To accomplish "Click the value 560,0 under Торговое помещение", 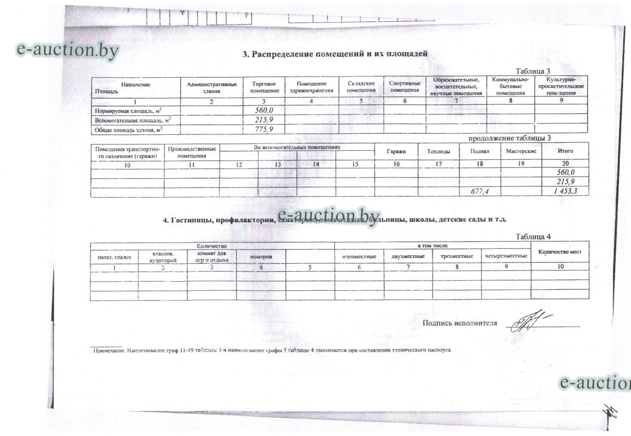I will [x=264, y=110].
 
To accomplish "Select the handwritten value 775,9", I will [x=264, y=130].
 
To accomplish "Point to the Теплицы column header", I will [x=439, y=152].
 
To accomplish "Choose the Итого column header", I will [x=565, y=151].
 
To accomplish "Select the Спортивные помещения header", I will [x=405, y=87].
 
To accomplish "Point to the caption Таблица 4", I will [x=533, y=236].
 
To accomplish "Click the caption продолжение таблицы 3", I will [x=509, y=138].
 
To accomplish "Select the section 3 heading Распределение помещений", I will [x=334, y=54].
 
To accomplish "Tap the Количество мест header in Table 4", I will [x=560, y=252].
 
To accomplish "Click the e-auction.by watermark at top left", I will [x=68, y=50].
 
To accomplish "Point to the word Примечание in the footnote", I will [x=109, y=351].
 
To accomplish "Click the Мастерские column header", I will [x=521, y=152].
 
